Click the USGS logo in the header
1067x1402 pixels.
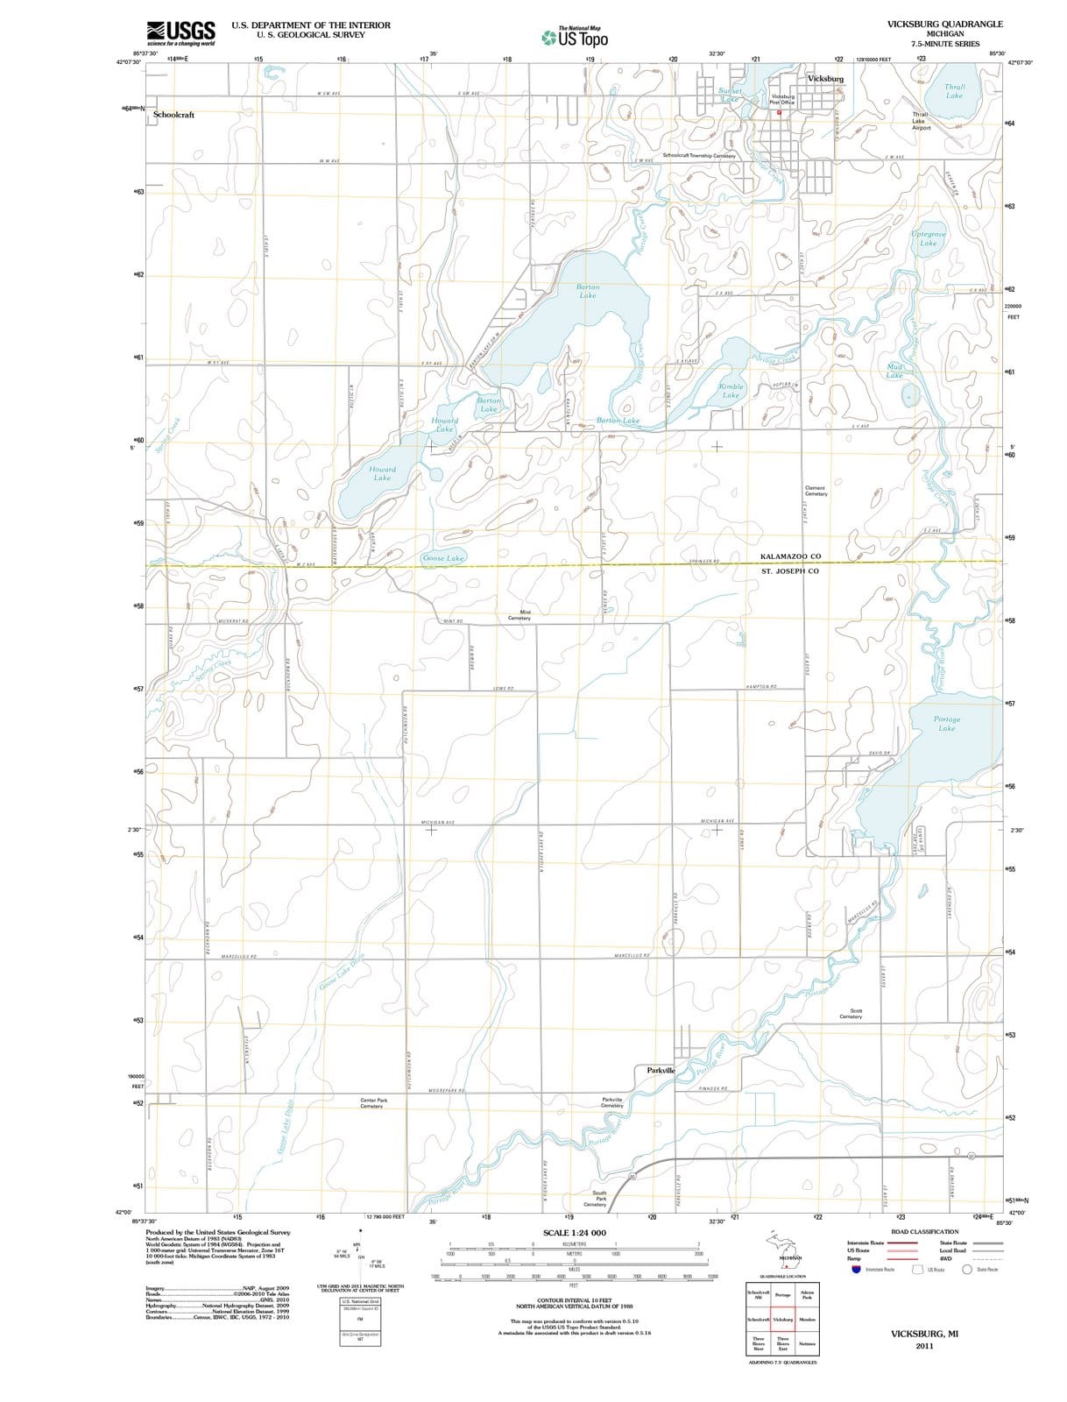click(x=181, y=33)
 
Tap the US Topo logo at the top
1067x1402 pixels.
click(x=575, y=38)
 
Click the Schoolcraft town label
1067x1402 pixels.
click(x=173, y=115)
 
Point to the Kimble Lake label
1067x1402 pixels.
click(x=731, y=391)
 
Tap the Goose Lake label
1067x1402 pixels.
click(x=443, y=558)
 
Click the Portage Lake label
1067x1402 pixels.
click(x=946, y=724)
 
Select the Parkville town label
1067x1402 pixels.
click(x=661, y=1071)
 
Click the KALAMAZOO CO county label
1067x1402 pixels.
click(x=790, y=556)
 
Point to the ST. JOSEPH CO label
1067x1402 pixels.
click(x=790, y=571)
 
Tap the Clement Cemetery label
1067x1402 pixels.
click(x=815, y=491)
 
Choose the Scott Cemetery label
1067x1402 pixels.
click(x=851, y=1014)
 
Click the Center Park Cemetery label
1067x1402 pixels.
click(x=373, y=1102)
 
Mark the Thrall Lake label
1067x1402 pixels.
click(x=954, y=91)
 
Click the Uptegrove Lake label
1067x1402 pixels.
click(x=928, y=238)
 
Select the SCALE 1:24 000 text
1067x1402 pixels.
click(x=574, y=1233)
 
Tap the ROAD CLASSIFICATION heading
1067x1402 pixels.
click(x=924, y=1231)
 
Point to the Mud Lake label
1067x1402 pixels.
click(x=894, y=372)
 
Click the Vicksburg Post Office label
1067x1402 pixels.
click(x=782, y=99)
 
